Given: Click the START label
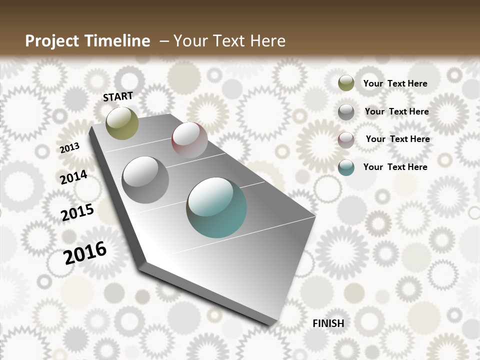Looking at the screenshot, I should (x=118, y=96).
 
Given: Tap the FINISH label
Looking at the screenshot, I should (x=328, y=323).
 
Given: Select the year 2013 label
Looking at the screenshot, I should (x=70, y=148).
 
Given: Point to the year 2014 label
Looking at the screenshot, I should (x=73, y=177).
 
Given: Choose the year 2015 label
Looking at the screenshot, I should (x=77, y=212).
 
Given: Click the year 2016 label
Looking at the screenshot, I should (x=85, y=253).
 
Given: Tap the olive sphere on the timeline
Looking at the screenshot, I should (x=122, y=123).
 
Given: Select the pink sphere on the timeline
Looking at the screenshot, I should (x=189, y=140).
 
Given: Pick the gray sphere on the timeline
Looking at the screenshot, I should (x=145, y=180).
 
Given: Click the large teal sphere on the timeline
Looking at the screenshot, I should (x=216, y=207).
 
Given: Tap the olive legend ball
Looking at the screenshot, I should (x=346, y=83).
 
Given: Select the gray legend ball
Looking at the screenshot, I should (x=346, y=112).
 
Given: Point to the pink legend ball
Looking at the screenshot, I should (x=346, y=140).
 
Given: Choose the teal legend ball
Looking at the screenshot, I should (x=346, y=167).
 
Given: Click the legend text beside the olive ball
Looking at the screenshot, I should (x=395, y=83).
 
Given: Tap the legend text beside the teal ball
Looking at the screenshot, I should (x=395, y=167).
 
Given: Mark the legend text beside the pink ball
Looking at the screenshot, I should (x=397, y=139).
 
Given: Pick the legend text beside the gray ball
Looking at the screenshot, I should (x=396, y=111).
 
